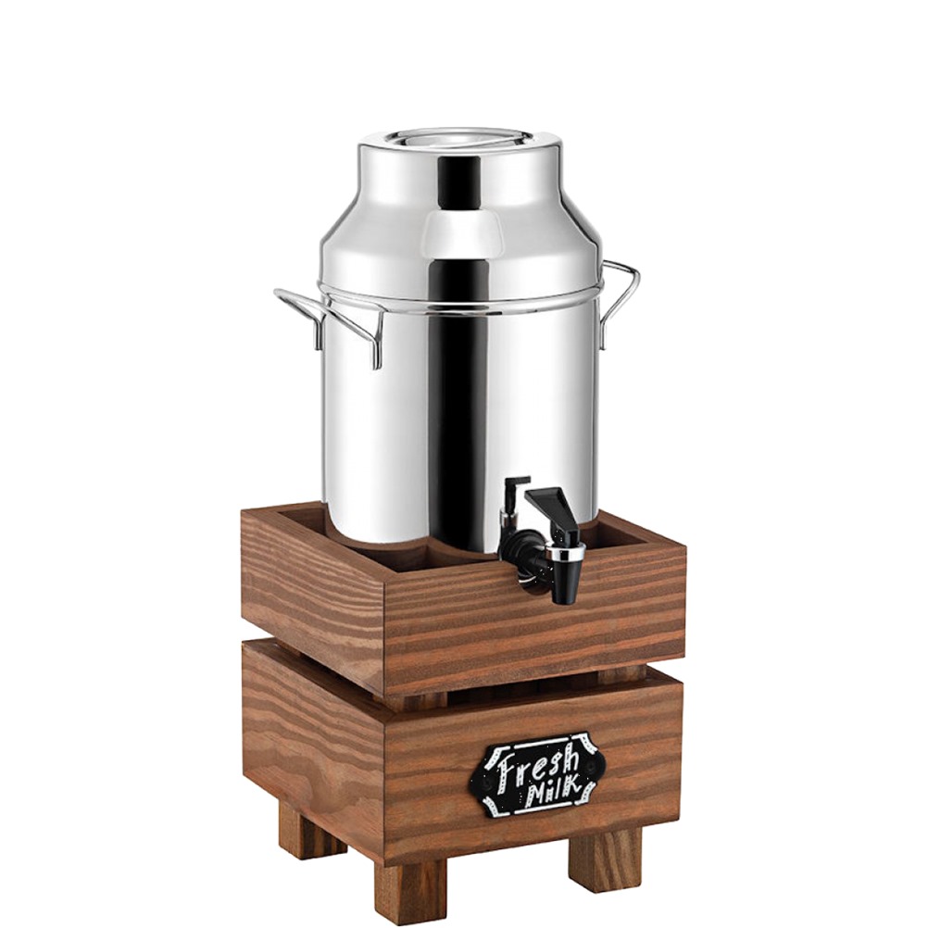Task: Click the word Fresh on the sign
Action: click(537, 764)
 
